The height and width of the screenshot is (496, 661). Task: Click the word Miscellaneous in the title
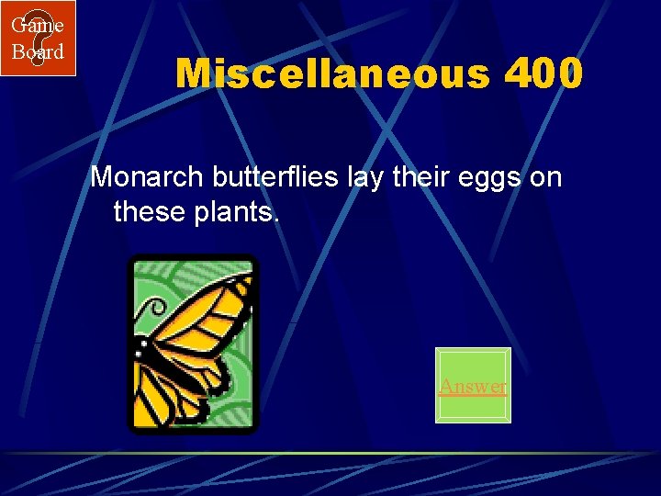tap(332, 74)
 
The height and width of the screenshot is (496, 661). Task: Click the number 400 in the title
tap(543, 74)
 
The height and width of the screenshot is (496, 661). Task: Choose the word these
tap(150, 214)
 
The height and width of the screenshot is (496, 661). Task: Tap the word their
tap(421, 176)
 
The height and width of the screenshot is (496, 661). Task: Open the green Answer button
tap(472, 386)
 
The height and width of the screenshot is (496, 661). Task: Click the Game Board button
tap(38, 38)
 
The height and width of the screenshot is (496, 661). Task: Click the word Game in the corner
tap(37, 25)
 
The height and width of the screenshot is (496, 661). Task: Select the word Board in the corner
tap(37, 51)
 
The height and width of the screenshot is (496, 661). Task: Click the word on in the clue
tap(545, 177)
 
